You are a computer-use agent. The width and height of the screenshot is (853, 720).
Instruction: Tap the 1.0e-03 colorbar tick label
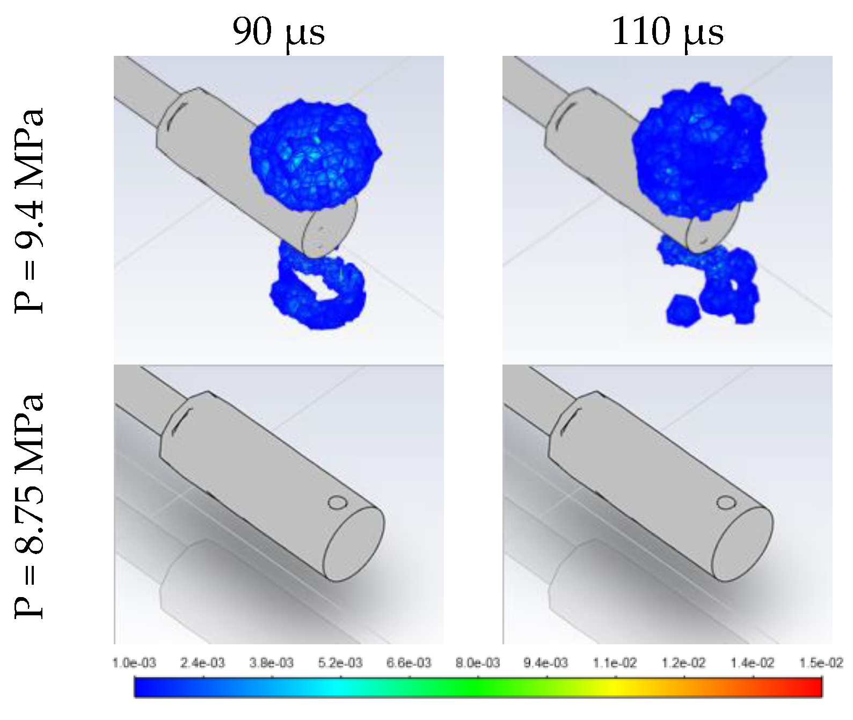tap(134, 663)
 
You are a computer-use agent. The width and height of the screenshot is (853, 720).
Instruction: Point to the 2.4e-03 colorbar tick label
tap(202, 663)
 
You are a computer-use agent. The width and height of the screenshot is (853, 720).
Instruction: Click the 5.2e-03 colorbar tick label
tap(340, 663)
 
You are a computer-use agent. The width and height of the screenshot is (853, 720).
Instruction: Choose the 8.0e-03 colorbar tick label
tap(478, 663)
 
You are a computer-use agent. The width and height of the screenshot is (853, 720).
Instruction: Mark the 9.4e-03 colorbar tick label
tap(546, 663)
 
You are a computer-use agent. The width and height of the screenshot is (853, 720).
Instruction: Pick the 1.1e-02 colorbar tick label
tap(615, 663)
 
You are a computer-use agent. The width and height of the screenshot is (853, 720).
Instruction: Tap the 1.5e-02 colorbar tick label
tap(821, 663)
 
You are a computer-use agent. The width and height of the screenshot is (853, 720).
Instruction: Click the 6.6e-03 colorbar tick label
tap(409, 663)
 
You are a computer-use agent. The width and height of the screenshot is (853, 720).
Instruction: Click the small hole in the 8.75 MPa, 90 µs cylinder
tap(338, 503)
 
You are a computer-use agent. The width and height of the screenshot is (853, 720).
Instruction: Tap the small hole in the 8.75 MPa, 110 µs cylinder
tap(726, 503)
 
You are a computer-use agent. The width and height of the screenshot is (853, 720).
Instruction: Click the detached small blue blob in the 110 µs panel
tap(683, 310)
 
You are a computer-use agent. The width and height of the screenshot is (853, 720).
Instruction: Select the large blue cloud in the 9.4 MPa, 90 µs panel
tap(315, 155)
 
